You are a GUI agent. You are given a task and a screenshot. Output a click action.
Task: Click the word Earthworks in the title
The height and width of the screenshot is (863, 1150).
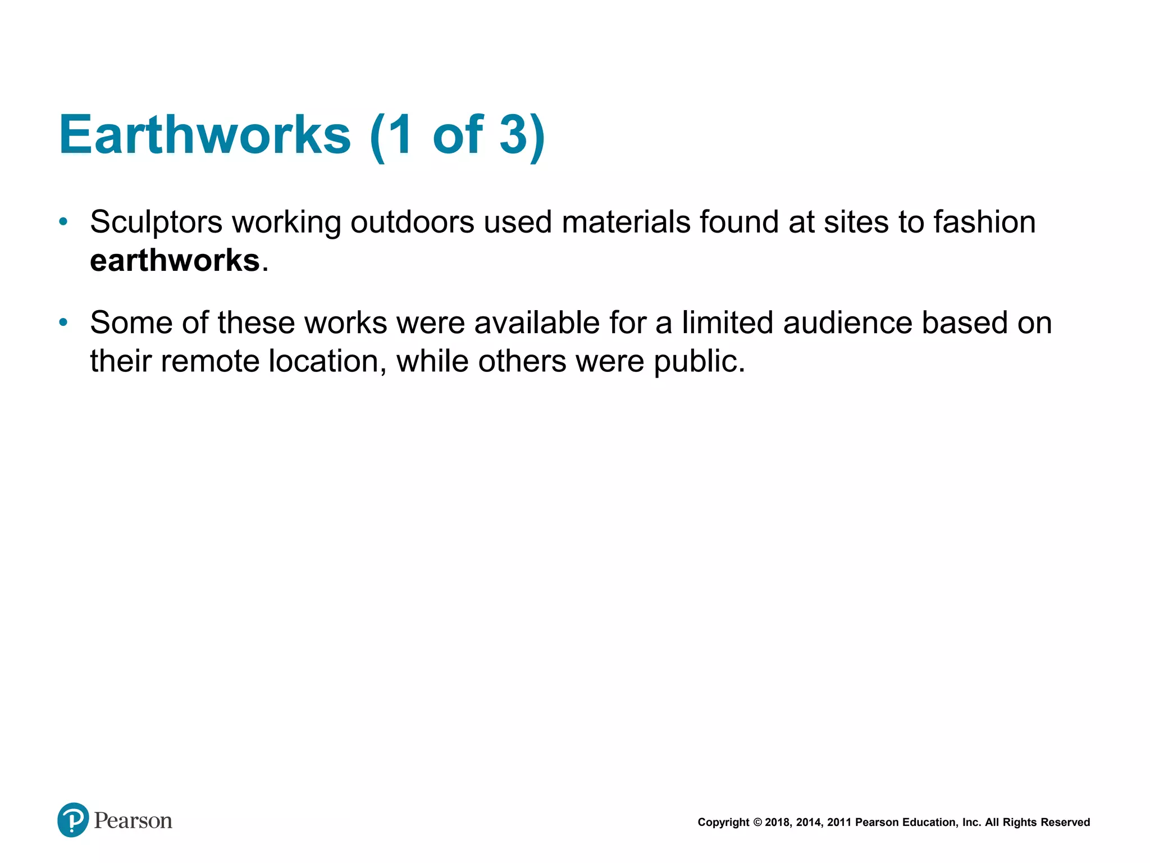205,135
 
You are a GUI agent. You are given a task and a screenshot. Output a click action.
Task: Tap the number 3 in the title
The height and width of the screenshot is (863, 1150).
513,135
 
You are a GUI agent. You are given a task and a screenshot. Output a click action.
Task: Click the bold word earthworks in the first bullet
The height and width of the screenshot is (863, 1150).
175,261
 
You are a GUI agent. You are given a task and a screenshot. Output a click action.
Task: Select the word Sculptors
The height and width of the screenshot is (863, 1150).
156,222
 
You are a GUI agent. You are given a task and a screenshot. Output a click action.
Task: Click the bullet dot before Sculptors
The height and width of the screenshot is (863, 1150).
63,221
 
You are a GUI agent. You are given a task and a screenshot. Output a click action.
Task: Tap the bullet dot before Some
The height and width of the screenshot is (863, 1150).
63,323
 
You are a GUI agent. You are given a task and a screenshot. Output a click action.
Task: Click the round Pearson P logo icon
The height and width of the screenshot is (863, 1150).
73,820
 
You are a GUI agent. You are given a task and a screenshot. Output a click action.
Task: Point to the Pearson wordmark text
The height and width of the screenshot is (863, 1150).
133,821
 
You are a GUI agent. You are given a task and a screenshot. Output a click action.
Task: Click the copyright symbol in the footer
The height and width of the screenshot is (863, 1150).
757,823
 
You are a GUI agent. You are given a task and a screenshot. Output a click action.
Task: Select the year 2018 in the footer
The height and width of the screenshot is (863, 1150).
778,823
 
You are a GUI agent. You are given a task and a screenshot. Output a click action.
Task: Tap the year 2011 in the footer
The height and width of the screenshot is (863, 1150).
839,823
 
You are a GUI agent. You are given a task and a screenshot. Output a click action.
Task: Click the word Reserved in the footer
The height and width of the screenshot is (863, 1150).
1065,823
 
